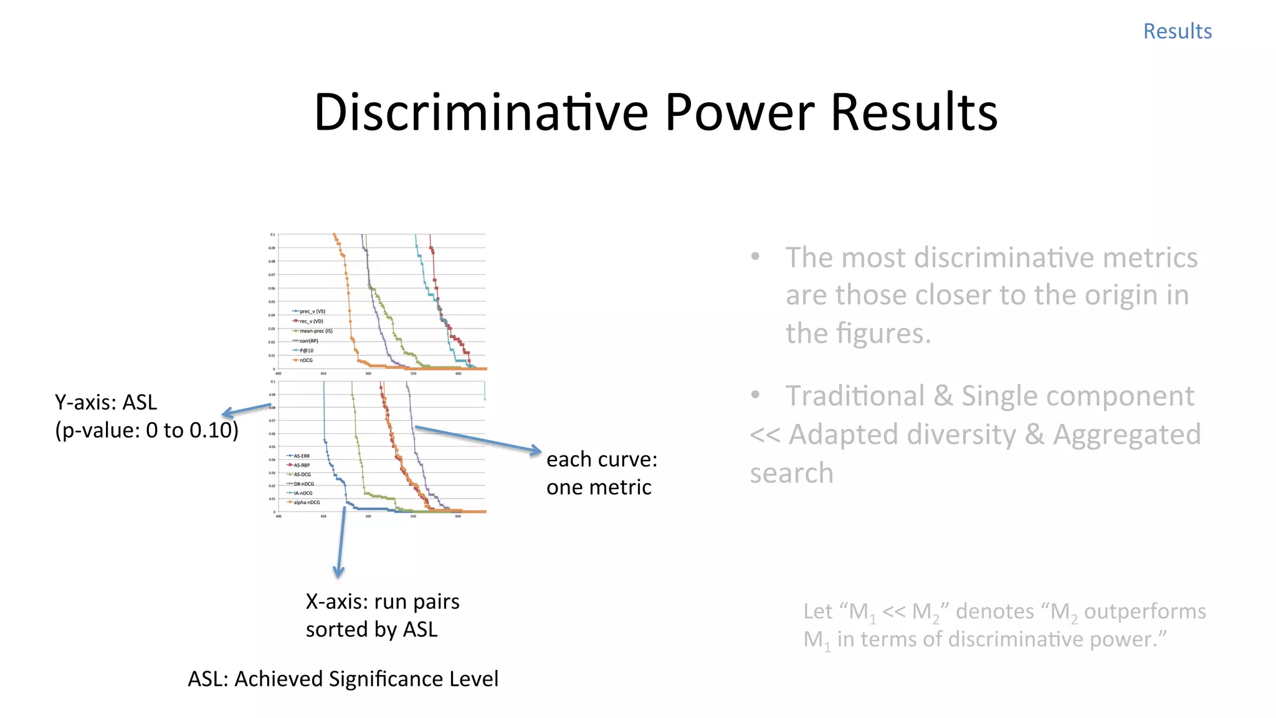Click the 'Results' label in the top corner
pyautogui.click(x=1177, y=31)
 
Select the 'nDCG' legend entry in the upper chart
pyautogui.click(x=306, y=360)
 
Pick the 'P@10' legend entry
pyautogui.click(x=306, y=350)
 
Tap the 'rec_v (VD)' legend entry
pyautogui.click(x=311, y=321)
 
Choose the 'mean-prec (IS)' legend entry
pyautogui.click(x=316, y=331)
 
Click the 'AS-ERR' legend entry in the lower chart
pyautogui.click(x=302, y=456)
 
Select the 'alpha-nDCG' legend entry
pyautogui.click(x=307, y=502)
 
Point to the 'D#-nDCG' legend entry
pyautogui.click(x=303, y=484)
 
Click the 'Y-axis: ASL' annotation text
pyautogui.click(x=106, y=403)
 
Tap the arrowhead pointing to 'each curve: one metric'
pyautogui.click(x=536, y=450)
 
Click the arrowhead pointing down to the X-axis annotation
pyautogui.click(x=338, y=572)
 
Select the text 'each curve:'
pyautogui.click(x=601, y=459)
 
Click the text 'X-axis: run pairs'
pyautogui.click(x=383, y=601)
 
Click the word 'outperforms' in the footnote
pyautogui.click(x=1145, y=611)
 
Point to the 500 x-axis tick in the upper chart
pyautogui.click(x=368, y=374)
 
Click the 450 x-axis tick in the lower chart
pyautogui.click(x=323, y=517)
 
